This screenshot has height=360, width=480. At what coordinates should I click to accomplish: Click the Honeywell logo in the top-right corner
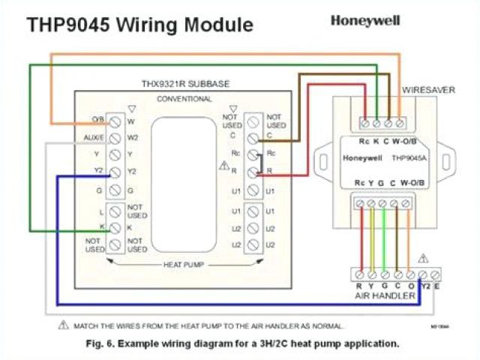coord(364,21)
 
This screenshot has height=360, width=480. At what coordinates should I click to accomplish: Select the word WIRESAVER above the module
coord(428,89)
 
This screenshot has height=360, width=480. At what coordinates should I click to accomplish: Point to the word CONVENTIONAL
coord(184,99)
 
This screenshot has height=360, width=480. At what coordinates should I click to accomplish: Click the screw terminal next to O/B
coord(115,120)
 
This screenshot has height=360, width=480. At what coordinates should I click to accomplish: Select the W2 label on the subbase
coord(133,138)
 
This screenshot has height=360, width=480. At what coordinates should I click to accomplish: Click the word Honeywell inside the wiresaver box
coord(363,158)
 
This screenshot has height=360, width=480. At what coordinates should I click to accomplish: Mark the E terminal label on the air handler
coord(436,286)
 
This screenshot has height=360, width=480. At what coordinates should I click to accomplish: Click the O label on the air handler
coord(410,286)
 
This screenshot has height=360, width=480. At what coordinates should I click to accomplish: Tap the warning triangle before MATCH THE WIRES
coord(63,326)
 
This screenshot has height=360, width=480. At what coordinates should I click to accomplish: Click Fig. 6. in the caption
coord(103,343)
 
